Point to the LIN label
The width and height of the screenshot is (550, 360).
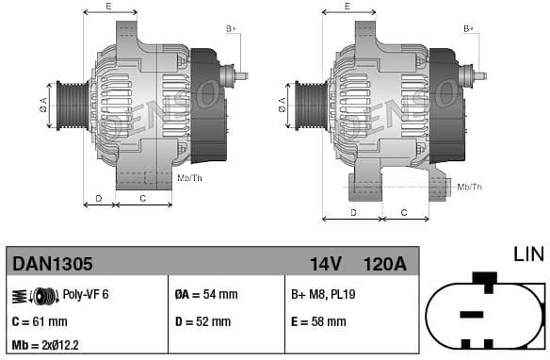point(528,254)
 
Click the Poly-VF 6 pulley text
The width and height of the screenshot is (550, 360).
point(86,295)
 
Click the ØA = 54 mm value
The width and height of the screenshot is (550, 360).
point(207,295)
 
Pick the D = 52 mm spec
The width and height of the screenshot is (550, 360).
point(203,321)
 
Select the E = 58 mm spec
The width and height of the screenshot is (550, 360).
point(318,321)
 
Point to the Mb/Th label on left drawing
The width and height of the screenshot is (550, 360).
point(189,177)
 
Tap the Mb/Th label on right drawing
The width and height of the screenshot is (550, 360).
point(469,188)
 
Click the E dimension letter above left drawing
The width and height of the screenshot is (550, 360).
point(108,7)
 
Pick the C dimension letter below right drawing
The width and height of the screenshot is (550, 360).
point(403,213)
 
